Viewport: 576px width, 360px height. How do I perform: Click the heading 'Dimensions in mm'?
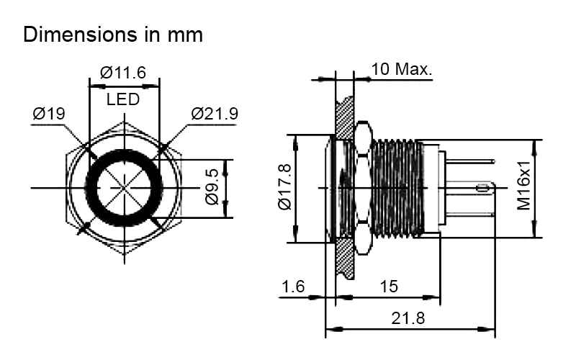pyautogui.click(x=113, y=35)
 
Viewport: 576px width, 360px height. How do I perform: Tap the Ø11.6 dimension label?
pyautogui.click(x=123, y=73)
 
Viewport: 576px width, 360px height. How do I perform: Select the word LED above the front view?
pyautogui.click(x=123, y=99)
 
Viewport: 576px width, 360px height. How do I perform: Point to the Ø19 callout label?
pyautogui.click(x=49, y=114)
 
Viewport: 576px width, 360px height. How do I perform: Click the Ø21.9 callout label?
pyautogui.click(x=215, y=114)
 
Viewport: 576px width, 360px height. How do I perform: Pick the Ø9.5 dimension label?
pyautogui.click(x=212, y=187)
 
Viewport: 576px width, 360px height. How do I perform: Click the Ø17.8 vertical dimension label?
pyautogui.click(x=284, y=187)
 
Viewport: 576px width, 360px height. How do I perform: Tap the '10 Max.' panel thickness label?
pyautogui.click(x=402, y=69)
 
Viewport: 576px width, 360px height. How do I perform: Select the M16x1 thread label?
pyautogui.click(x=524, y=186)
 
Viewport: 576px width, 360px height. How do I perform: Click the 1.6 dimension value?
pyautogui.click(x=293, y=287)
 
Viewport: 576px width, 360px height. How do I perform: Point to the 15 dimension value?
pyautogui.click(x=389, y=287)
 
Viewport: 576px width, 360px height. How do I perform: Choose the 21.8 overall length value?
pyautogui.click(x=408, y=318)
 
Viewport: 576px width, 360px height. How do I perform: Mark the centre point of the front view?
pyautogui.click(x=124, y=188)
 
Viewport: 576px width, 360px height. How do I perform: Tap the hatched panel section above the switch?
pyautogui.click(x=345, y=117)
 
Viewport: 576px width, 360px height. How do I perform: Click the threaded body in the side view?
pyautogui.click(x=397, y=188)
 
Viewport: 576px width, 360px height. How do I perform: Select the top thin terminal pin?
pyautogui.click(x=470, y=161)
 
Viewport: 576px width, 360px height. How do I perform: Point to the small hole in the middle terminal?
pyautogui.click(x=480, y=189)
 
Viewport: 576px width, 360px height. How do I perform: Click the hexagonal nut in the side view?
pyautogui.click(x=363, y=187)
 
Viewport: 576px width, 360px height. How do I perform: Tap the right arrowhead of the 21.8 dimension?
pyautogui.click(x=489, y=329)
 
